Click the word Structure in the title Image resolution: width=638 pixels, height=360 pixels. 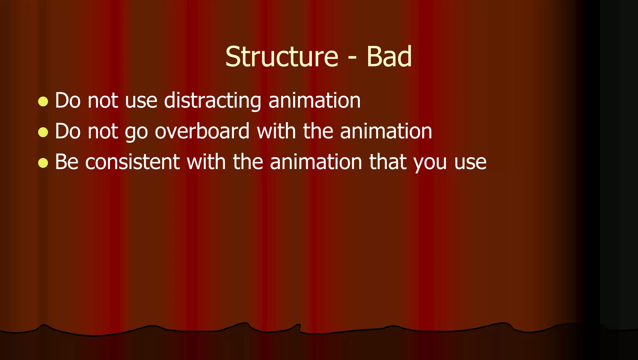point(282,57)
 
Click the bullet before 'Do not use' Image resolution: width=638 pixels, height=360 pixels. point(43,102)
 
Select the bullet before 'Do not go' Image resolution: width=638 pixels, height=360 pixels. point(43,132)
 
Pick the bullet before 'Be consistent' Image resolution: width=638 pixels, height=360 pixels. point(43,163)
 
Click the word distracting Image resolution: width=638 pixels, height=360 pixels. point(212,100)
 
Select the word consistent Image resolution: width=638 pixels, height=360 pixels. point(132,162)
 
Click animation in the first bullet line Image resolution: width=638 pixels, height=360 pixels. point(314,100)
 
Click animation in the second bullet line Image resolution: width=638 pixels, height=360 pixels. point(386,131)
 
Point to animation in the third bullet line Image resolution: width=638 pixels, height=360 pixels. point(316,162)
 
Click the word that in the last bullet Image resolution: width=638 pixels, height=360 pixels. point(388,162)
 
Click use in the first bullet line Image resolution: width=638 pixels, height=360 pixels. point(141,102)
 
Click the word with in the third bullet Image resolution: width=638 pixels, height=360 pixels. point(206,162)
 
